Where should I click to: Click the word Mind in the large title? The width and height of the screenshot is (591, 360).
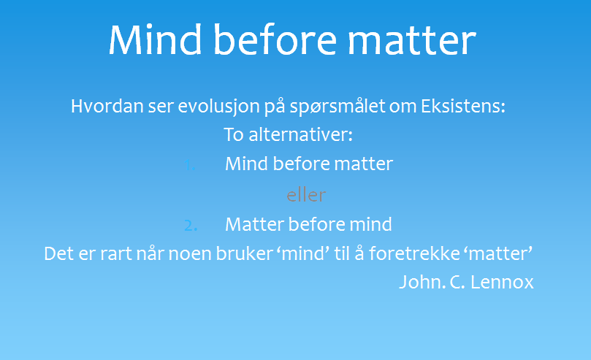[156, 40]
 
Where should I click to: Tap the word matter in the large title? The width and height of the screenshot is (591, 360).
[412, 41]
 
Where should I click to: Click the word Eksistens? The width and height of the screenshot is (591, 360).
[463, 106]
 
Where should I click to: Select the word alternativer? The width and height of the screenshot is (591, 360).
[300, 134]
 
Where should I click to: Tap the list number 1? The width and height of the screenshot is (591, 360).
[190, 165]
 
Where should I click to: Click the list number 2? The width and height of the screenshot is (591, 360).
[191, 225]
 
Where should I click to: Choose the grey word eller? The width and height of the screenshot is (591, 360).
[306, 196]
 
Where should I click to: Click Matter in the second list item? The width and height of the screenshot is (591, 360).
[254, 224]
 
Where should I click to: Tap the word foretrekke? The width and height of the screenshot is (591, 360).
[414, 253]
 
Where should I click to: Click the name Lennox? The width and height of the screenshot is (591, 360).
[502, 282]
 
